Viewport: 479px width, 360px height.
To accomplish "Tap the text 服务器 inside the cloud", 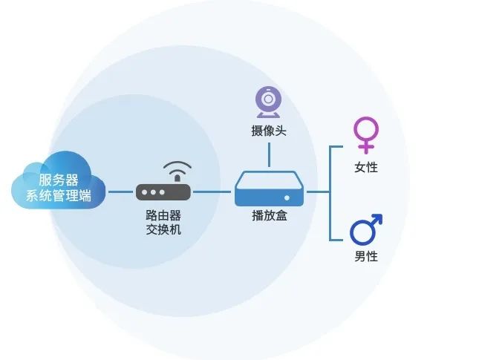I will click(59, 180).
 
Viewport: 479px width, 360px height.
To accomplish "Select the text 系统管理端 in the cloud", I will click(59, 197).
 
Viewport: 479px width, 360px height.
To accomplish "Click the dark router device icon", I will click(163, 192).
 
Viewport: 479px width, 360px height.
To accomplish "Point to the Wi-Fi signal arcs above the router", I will click(176, 169).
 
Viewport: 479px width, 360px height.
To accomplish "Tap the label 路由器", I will click(163, 215).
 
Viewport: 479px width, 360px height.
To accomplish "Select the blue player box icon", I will click(269, 189).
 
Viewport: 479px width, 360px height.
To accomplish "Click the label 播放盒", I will click(269, 215).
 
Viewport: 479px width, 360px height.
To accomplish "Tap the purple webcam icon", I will click(268, 102).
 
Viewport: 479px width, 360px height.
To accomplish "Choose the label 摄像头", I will click(269, 131).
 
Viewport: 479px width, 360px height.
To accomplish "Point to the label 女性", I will click(366, 168).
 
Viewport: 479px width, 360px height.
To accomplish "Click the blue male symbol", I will click(365, 229).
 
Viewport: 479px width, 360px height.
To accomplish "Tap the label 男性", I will click(366, 257).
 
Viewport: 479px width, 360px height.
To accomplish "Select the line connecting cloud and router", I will click(121, 192).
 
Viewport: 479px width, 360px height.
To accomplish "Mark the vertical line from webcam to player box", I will click(269, 153).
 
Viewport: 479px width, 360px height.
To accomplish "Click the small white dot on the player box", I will click(286, 197).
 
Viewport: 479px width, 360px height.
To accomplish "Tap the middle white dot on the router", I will click(153, 192).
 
